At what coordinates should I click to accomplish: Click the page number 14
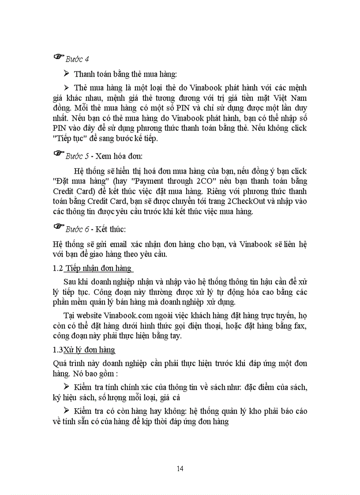click(180, 468)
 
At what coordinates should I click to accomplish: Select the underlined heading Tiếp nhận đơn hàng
click(99, 268)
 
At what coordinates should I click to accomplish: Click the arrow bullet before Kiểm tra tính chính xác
click(67, 387)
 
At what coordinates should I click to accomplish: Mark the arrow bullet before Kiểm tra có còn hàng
click(67, 411)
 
